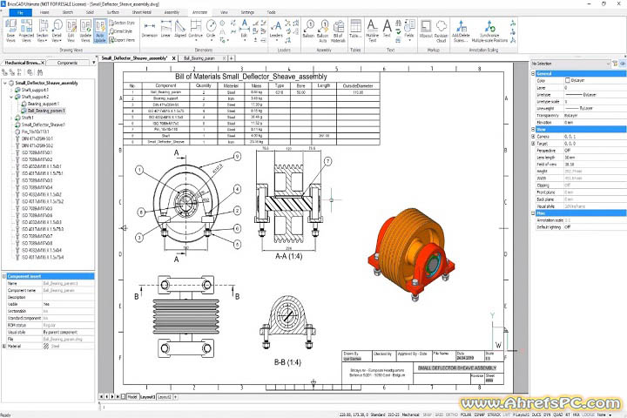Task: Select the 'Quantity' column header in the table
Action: (x=204, y=86)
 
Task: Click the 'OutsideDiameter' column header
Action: (x=357, y=86)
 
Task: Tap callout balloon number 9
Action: (x=238, y=157)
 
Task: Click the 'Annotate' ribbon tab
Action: (x=199, y=13)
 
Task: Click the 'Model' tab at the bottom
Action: (x=132, y=395)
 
